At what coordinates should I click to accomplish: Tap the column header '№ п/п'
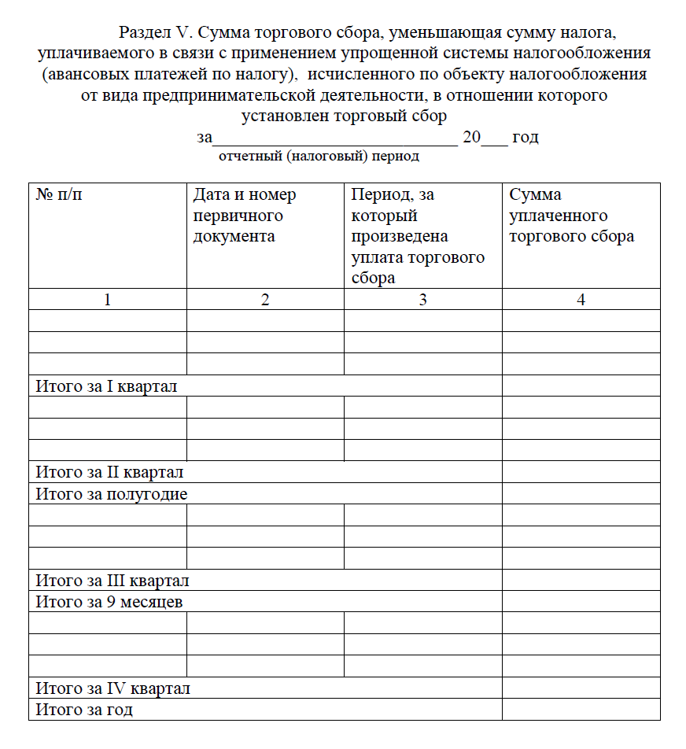point(58,195)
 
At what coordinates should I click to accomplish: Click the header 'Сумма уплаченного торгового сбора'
point(571,216)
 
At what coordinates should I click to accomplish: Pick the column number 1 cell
point(108,300)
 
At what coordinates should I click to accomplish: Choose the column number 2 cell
point(265,300)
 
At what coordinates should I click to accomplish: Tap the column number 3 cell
point(422,300)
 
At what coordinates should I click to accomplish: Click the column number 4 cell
point(581,300)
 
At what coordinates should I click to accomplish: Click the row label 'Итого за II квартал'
point(109,472)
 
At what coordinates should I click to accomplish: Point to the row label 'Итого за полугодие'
point(112,494)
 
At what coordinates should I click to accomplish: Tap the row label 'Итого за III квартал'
point(112,581)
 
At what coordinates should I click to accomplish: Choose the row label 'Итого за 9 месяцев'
point(109,603)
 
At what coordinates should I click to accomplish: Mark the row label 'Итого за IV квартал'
point(113,688)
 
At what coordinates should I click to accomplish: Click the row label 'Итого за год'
point(84,710)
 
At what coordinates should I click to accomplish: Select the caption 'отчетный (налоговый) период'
point(319,156)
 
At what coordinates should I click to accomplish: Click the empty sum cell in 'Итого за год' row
point(581,710)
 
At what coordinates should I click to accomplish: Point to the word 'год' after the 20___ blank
point(525,137)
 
